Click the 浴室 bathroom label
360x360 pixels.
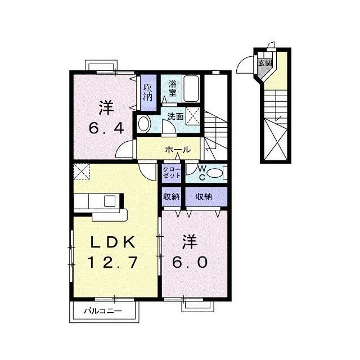pos(173,88)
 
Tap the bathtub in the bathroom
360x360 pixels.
pos(191,88)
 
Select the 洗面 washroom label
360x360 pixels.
pos(175,116)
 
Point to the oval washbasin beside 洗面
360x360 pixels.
pos(143,124)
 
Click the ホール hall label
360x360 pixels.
pos(178,150)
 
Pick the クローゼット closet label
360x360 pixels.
pos(172,173)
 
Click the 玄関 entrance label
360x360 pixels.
pos(265,63)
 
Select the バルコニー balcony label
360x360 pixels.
pos(102,311)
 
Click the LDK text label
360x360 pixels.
pos(112,242)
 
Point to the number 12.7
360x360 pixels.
pos(112,262)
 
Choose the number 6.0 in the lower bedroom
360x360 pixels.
pos(190,262)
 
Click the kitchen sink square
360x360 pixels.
pos(110,201)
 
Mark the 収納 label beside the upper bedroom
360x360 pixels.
pos(148,92)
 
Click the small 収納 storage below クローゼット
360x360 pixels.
pos(172,197)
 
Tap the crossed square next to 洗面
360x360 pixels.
pos(193,116)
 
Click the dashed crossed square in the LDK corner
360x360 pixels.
pos(82,171)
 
